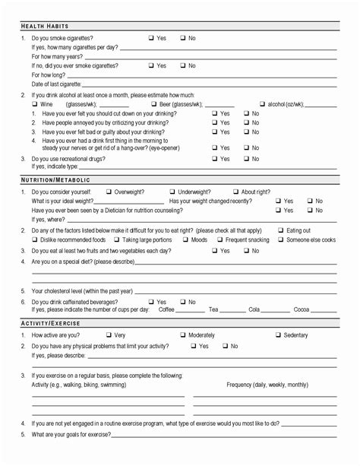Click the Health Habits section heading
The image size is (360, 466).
45,27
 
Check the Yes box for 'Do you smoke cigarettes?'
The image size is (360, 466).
151,38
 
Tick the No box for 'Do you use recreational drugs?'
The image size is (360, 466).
246,159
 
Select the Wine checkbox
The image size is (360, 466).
34,104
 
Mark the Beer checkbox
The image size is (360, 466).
153,104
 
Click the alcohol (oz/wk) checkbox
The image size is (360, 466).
262,104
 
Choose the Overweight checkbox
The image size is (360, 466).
109,192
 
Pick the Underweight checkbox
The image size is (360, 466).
172,192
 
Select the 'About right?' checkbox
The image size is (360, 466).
235,192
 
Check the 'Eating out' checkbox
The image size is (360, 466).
281,230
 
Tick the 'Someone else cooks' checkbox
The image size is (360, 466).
281,240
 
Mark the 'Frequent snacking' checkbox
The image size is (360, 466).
220,240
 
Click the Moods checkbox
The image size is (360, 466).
185,240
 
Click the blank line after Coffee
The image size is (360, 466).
190,311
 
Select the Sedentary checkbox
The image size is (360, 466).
278,335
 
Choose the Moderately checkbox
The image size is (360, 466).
183,335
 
